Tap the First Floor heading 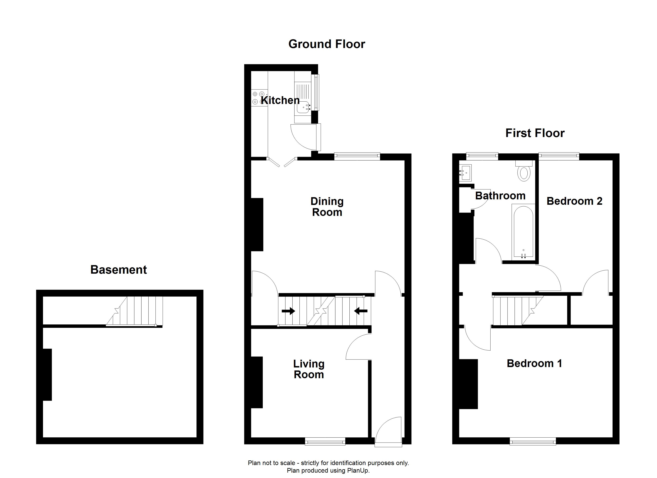(x=535, y=133)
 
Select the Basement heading (x=118, y=270)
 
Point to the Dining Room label (x=327, y=207)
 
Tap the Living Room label (x=309, y=369)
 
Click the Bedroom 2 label (x=574, y=201)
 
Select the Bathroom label (x=500, y=196)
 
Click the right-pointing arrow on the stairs (x=288, y=311)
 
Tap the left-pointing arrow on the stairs (x=361, y=311)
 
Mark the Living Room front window (x=325, y=442)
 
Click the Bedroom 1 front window (x=533, y=442)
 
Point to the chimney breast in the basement (x=47, y=374)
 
